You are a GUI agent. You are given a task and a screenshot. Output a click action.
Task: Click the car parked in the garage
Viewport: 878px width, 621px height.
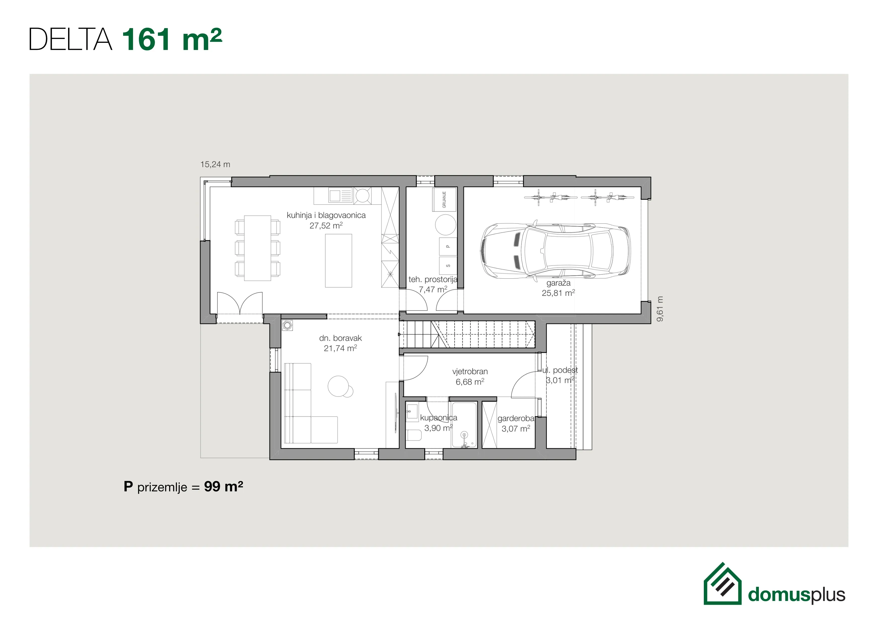tap(555, 251)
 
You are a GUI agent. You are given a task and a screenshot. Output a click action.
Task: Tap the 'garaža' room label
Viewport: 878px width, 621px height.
tap(558, 283)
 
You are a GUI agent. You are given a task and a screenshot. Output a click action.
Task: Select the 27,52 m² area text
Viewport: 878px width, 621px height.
tap(326, 226)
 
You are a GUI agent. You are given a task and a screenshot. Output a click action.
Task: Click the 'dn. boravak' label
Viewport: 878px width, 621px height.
tap(340, 338)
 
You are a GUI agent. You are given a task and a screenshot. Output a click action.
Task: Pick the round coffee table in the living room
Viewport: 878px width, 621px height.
tap(338, 386)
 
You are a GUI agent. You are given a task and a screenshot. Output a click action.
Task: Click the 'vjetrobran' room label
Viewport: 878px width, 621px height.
tap(470, 371)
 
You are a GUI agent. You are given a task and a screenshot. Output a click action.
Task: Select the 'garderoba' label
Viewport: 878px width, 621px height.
tap(516, 418)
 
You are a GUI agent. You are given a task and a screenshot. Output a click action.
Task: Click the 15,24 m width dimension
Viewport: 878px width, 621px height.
tap(215, 164)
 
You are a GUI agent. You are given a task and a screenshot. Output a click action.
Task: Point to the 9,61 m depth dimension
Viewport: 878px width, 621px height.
tap(660, 309)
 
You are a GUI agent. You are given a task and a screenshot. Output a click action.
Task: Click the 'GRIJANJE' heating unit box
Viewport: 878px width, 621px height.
tap(444, 199)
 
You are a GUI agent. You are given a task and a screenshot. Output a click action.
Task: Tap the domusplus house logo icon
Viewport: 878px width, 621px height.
tap(722, 584)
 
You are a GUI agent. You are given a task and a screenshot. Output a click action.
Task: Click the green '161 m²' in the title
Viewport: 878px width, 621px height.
tap(172, 39)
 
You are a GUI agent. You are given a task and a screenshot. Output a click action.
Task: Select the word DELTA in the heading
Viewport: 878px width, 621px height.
tap(71, 39)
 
